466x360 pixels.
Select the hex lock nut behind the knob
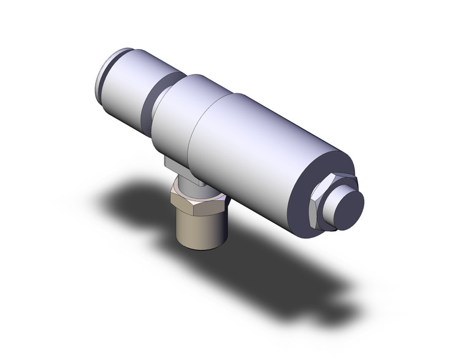click(318, 205)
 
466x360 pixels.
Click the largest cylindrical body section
click(264, 153)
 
